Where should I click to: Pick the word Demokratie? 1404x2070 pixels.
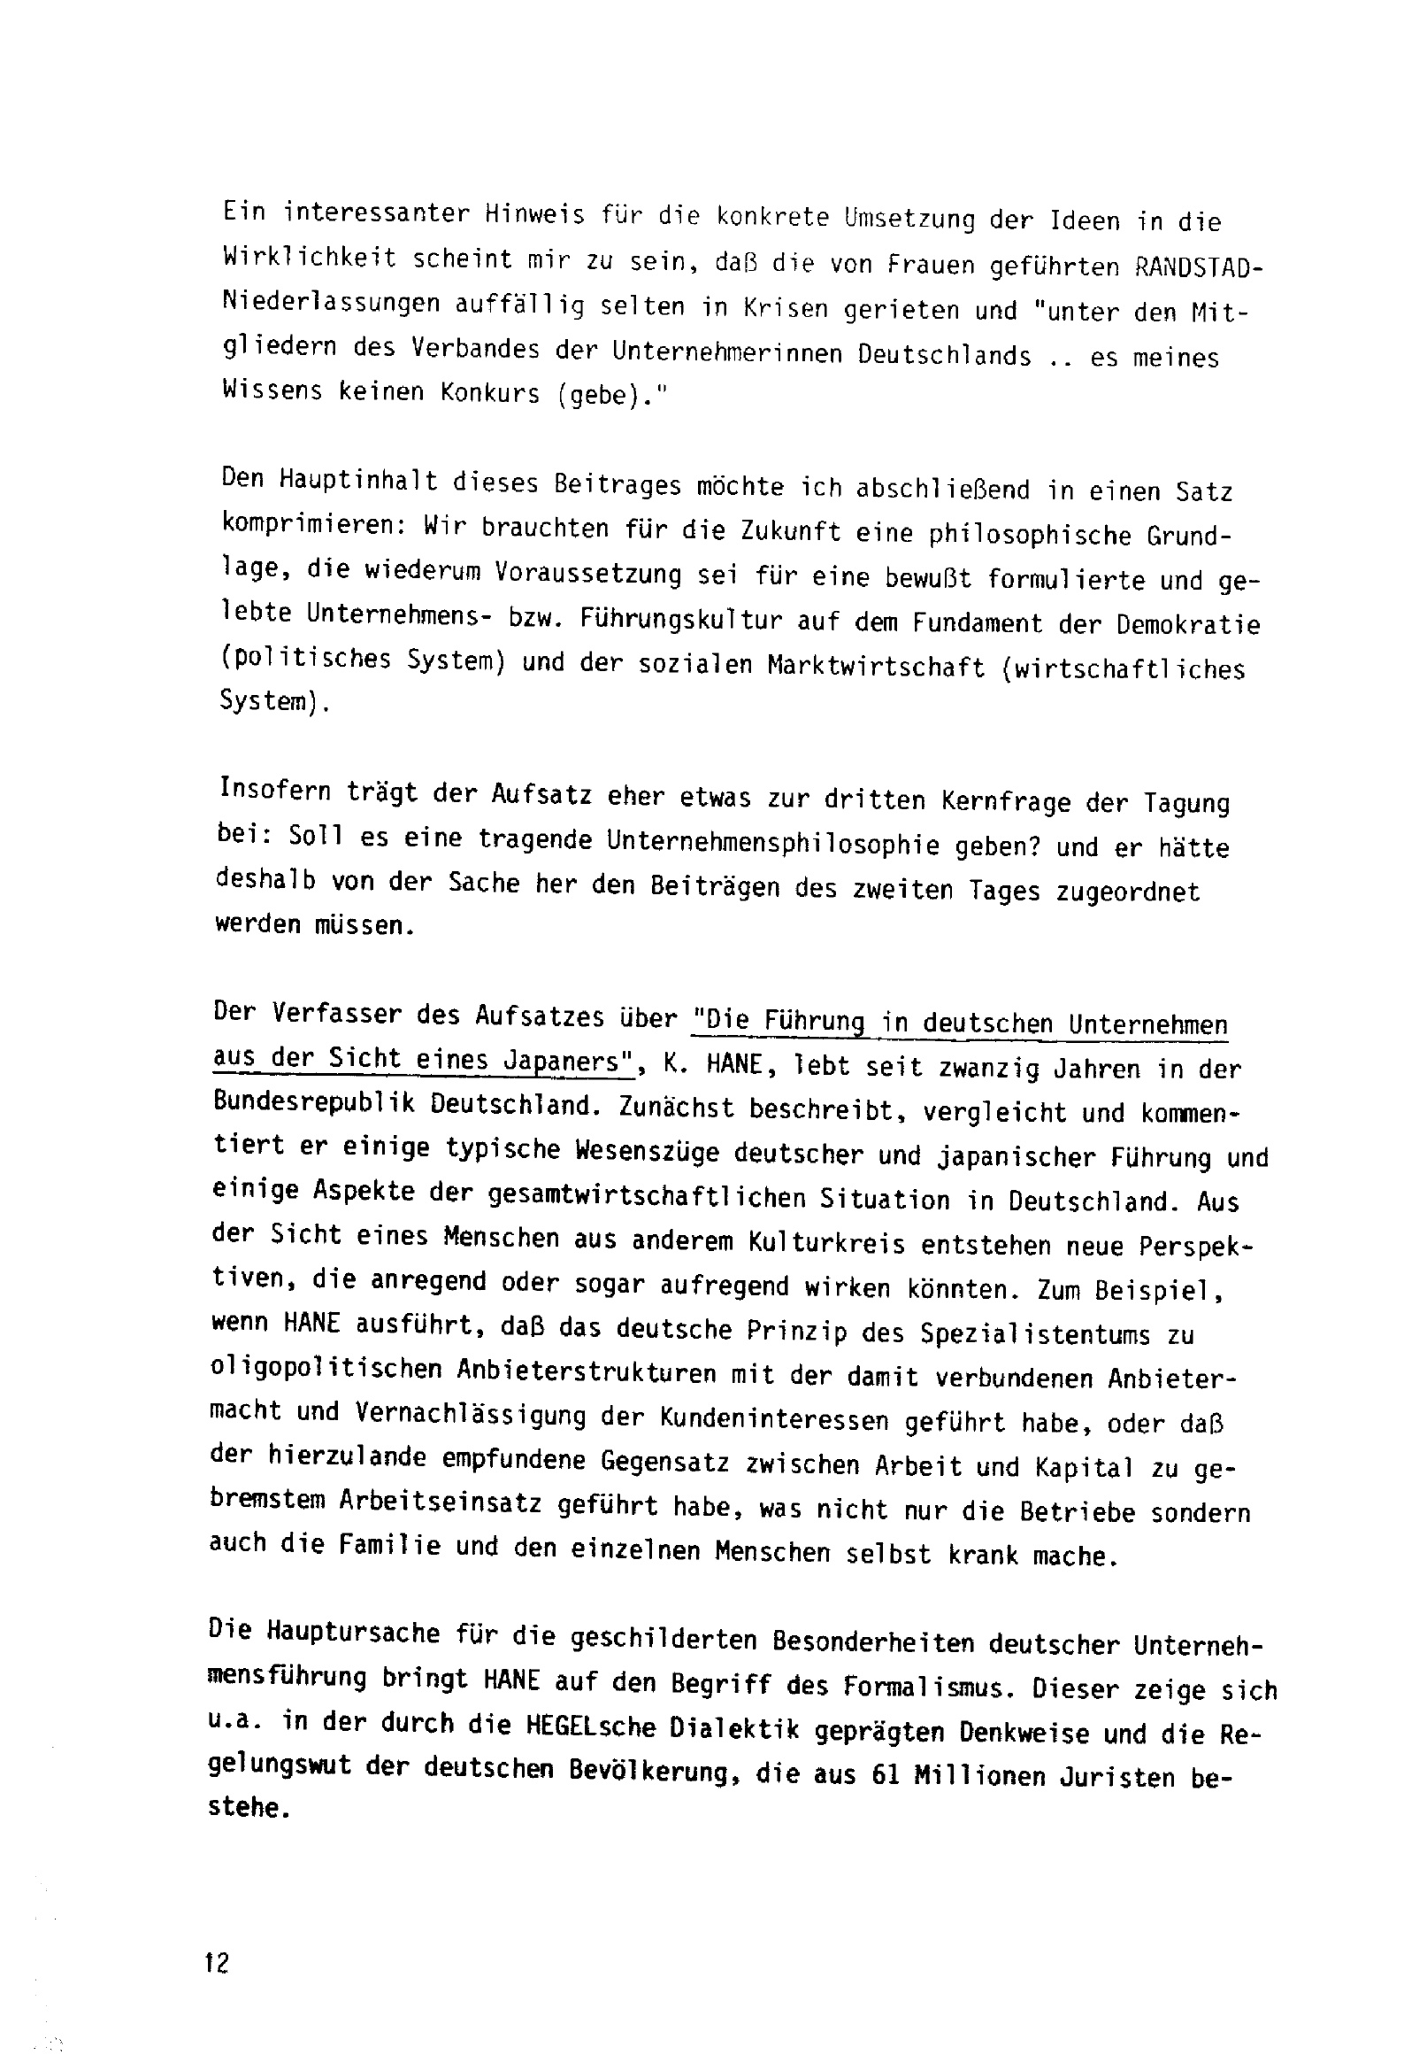point(1188,624)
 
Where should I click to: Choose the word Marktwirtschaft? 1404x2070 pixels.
point(876,668)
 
